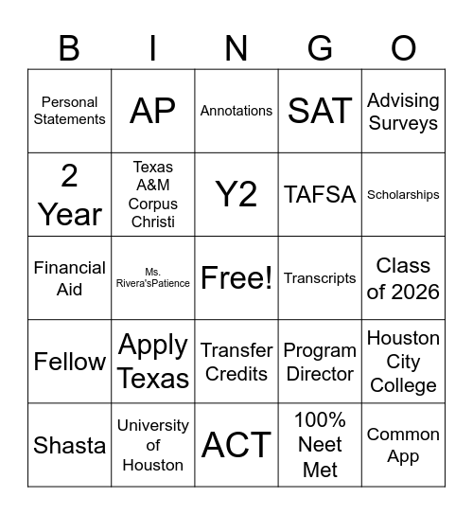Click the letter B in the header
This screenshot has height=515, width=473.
click(x=69, y=46)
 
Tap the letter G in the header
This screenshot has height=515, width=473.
click(x=320, y=46)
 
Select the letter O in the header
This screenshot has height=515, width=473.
click(x=404, y=46)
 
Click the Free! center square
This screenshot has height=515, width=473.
click(x=236, y=278)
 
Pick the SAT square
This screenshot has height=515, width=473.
click(x=320, y=111)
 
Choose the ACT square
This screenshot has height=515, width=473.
click(x=236, y=445)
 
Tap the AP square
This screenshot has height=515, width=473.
click(x=153, y=111)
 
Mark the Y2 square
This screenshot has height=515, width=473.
click(x=236, y=194)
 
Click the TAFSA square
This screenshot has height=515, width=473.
click(x=320, y=194)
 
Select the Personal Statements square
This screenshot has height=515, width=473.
click(x=69, y=111)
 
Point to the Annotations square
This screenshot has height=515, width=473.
click(x=236, y=111)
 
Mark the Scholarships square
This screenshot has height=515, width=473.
click(x=403, y=194)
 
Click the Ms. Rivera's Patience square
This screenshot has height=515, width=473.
click(x=153, y=277)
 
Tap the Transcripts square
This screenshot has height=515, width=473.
click(x=320, y=278)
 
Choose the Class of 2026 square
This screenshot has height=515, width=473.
click(x=403, y=278)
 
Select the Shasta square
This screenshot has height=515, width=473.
click(x=69, y=445)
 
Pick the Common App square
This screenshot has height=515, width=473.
click(x=403, y=445)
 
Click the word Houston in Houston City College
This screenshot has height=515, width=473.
click(x=403, y=338)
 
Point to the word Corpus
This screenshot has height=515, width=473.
click(x=153, y=204)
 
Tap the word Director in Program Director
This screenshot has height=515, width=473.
click(x=320, y=374)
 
